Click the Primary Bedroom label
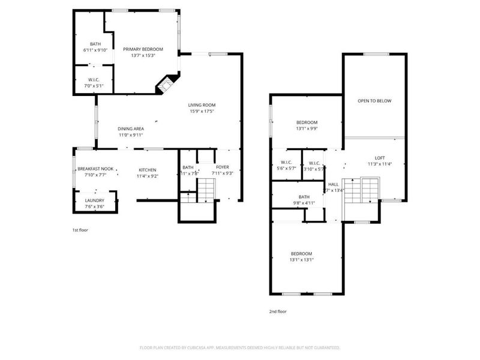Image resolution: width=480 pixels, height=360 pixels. (x=143, y=49)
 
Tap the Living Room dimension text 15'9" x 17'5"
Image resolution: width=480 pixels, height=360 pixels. (x=202, y=111)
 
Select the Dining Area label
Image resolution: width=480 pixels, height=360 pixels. (x=130, y=128)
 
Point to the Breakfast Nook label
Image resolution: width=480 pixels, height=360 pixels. (x=95, y=170)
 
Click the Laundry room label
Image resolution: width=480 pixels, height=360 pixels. (x=95, y=200)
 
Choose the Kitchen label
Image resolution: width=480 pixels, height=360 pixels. (x=148, y=170)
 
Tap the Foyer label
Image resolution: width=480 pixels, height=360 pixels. (x=223, y=167)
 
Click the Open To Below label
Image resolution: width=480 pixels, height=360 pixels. (x=374, y=101)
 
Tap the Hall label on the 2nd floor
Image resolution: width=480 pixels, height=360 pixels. (x=333, y=184)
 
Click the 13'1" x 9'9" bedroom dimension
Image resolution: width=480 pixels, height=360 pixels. (x=307, y=128)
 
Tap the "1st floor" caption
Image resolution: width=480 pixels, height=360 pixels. (x=80, y=230)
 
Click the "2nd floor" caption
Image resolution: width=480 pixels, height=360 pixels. (x=277, y=311)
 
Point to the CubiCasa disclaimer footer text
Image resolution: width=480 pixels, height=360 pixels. (x=240, y=347)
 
